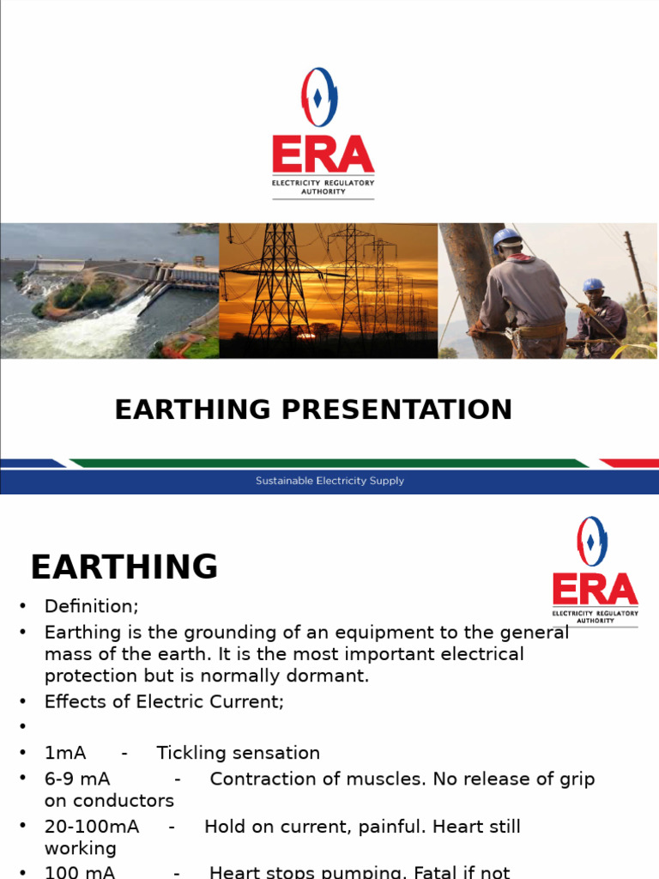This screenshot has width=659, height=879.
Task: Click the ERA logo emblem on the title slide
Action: [x=319, y=98]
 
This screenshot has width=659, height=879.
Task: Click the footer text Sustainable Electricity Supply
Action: [x=329, y=481]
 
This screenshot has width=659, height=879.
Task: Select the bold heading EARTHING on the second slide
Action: [x=124, y=567]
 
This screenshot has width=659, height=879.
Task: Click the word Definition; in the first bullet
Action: [x=91, y=606]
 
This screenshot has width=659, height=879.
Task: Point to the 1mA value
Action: [x=65, y=753]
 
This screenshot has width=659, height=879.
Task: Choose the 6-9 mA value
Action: [x=77, y=779]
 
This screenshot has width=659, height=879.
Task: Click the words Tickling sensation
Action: [x=238, y=753]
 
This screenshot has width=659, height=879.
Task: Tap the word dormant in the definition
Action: [x=336, y=676]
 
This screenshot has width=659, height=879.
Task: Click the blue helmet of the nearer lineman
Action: [x=507, y=238]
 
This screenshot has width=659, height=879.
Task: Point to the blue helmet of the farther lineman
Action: [x=593, y=285]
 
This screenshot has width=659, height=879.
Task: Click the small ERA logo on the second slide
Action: [x=594, y=571]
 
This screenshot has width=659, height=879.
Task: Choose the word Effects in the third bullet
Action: [x=75, y=701]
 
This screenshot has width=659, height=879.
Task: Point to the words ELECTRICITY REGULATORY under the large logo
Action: [x=323, y=183]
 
